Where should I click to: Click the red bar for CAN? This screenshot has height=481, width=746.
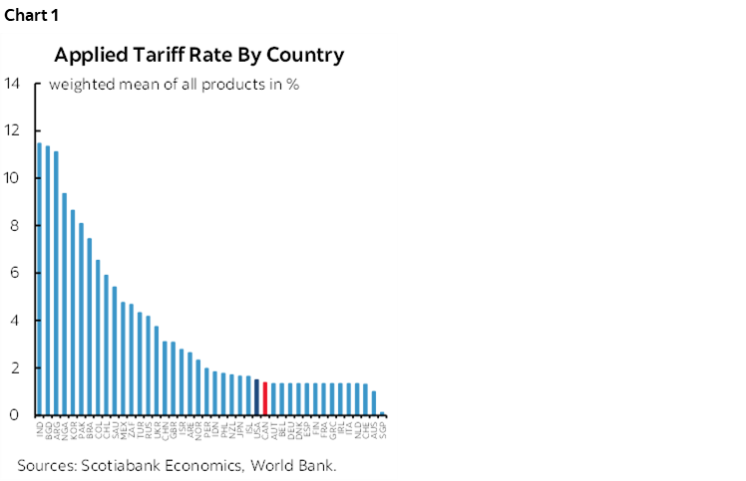pos(264,398)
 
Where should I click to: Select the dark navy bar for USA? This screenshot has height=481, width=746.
pos(256,397)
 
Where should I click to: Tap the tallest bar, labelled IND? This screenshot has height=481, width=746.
pos(39,279)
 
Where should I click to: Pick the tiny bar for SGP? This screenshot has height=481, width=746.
pos(383,413)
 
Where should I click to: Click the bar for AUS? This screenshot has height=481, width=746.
pos(374,403)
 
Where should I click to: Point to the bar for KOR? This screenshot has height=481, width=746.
pos(73,313)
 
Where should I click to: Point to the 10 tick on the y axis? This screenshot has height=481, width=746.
pos(11,178)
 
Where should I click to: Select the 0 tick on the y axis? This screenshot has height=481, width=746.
pos(14,415)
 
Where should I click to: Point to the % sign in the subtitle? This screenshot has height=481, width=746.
pos(293,85)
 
